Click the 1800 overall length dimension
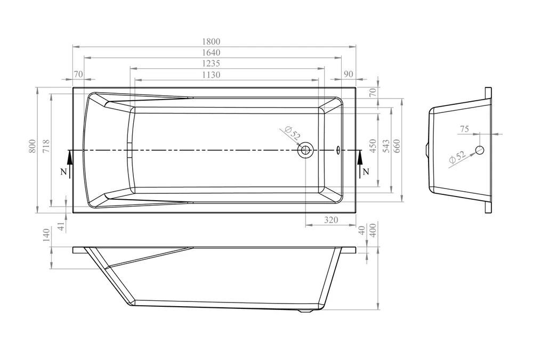(x=211, y=42)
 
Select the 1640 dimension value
(x=211, y=53)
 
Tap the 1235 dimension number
(x=211, y=63)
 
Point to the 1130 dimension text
(x=211, y=75)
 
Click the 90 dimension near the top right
(x=349, y=74)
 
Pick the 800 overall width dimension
(x=32, y=146)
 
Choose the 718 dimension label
(x=46, y=146)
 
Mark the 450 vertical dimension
(x=373, y=146)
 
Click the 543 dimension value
(x=386, y=146)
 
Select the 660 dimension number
(x=397, y=146)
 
